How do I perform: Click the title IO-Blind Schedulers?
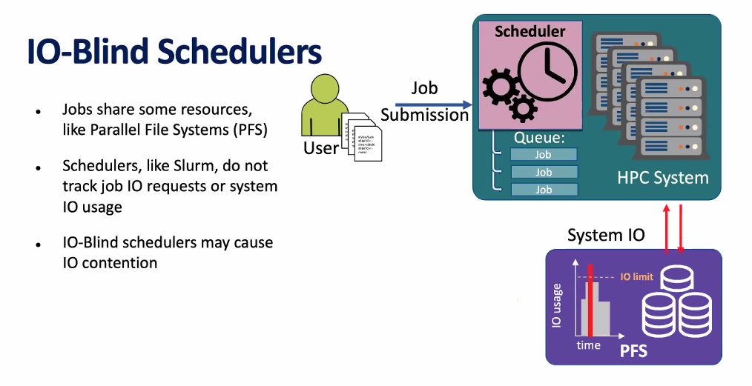point(174,53)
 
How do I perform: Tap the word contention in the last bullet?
point(120,262)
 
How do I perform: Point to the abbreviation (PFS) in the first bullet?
point(247,130)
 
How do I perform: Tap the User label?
point(320,148)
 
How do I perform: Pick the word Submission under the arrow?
point(424,116)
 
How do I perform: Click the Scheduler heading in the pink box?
point(530,31)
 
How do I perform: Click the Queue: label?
point(539,138)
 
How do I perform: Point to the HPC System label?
point(662,178)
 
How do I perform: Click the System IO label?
point(605,236)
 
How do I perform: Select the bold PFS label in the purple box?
point(633,350)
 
